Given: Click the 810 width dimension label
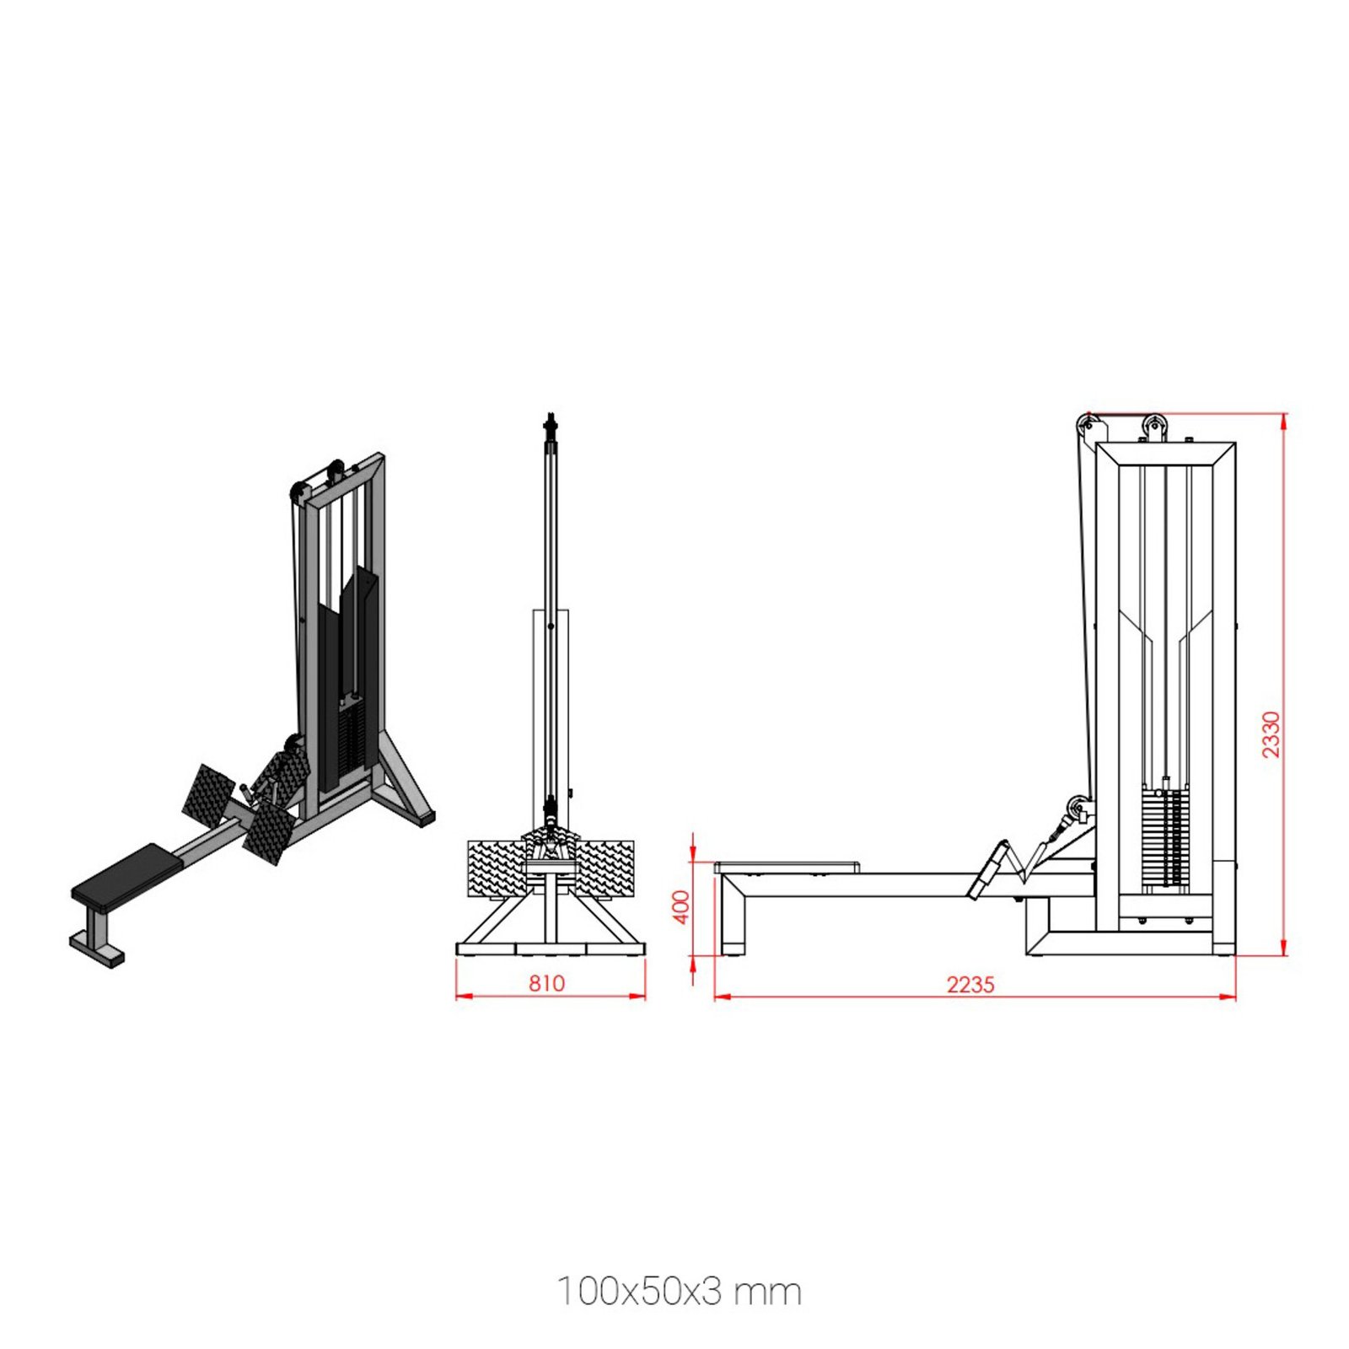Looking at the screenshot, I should point(546,983).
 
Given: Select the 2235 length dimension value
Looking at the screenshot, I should point(970,984).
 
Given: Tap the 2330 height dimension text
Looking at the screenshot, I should point(1271,734).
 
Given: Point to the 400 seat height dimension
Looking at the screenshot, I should point(682,907).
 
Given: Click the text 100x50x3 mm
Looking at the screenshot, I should point(679,1292).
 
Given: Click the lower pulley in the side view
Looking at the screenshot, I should point(1077,811).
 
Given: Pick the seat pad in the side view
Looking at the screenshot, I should point(787,867).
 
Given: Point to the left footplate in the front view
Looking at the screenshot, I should point(497,868).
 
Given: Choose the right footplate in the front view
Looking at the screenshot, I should point(604,868).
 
